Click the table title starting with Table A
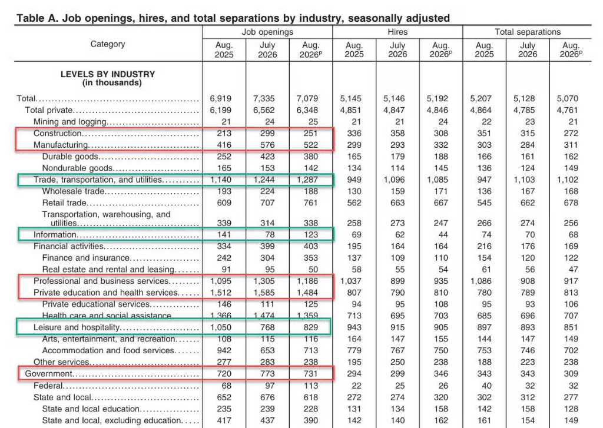[x=233, y=18]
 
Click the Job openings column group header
[x=267, y=32]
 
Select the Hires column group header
[x=397, y=32]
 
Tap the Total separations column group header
[x=528, y=32]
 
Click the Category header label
[x=108, y=44]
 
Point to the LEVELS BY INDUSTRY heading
[x=108, y=74]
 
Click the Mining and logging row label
[x=69, y=122]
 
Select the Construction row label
[x=57, y=134]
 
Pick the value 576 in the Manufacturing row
[x=267, y=145]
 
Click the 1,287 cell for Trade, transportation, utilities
[x=307, y=180]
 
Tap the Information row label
[x=55, y=234]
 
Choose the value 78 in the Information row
[x=270, y=234]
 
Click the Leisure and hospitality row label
[x=77, y=327]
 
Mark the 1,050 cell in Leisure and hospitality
[x=221, y=327]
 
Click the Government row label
[x=48, y=374]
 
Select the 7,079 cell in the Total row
[x=307, y=98]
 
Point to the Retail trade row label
[x=64, y=203]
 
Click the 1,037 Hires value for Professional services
[x=351, y=281]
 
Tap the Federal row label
[x=48, y=385]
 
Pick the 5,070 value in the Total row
[x=567, y=98]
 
